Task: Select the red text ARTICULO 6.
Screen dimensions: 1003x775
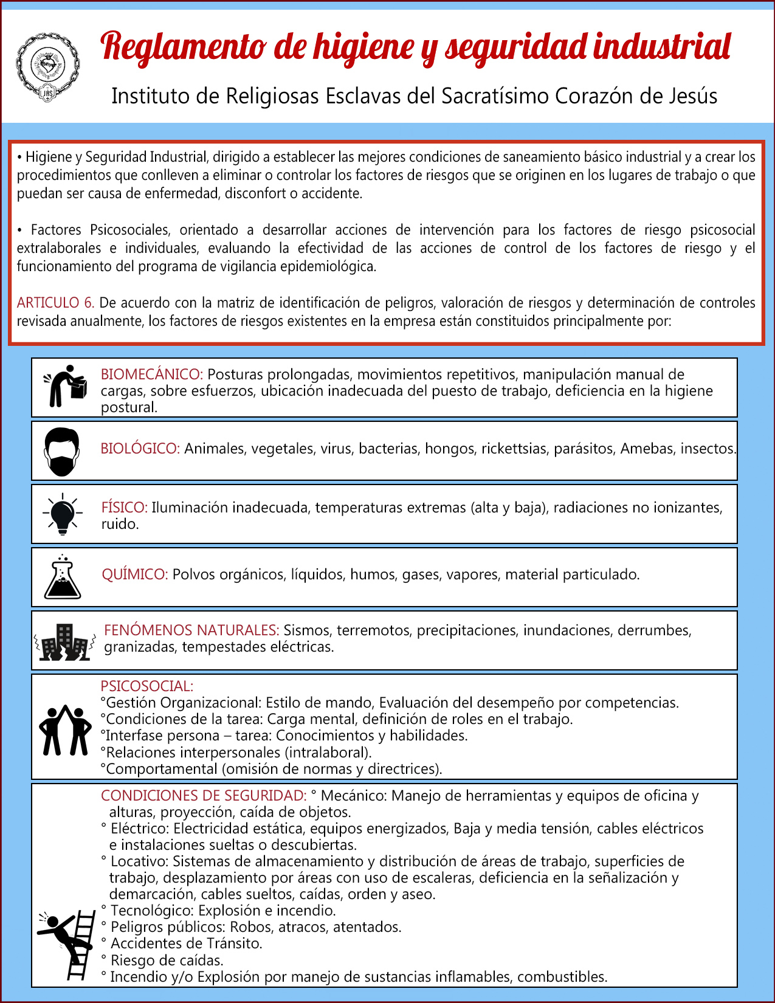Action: [55, 303]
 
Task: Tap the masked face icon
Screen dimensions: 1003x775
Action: [62, 451]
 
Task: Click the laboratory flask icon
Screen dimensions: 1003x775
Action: [63, 577]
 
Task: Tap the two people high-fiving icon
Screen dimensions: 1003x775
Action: [65, 729]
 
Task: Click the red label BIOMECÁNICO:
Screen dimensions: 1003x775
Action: [152, 374]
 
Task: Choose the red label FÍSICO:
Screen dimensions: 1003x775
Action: [125, 508]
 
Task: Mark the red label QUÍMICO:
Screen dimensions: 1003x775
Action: [135, 574]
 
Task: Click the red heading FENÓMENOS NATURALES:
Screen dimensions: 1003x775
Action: [191, 630]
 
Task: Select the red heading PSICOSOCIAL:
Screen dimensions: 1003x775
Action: [147, 686]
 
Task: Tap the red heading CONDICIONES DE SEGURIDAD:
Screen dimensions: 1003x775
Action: [204, 796]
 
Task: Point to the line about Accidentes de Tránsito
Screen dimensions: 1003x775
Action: [182, 943]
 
